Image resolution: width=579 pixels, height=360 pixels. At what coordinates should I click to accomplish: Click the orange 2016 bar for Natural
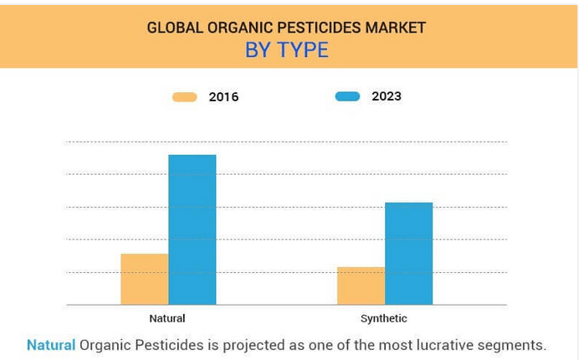click(x=145, y=279)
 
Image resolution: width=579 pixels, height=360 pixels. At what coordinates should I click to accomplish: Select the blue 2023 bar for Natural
click(x=192, y=229)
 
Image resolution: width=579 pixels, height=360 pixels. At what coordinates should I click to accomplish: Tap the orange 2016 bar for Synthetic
click(x=361, y=285)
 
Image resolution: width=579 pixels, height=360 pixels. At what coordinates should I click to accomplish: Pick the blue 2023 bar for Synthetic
click(x=409, y=254)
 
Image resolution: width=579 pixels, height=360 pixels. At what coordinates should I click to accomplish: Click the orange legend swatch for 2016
click(x=185, y=97)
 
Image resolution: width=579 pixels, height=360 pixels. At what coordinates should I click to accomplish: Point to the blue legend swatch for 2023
click(x=347, y=96)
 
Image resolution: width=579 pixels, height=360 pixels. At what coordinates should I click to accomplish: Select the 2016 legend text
click(x=223, y=97)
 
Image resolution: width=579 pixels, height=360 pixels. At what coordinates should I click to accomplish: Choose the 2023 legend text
click(x=387, y=96)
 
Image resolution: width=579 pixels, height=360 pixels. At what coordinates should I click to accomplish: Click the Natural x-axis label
click(x=167, y=318)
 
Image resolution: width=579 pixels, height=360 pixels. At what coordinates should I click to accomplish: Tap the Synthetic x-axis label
click(x=384, y=318)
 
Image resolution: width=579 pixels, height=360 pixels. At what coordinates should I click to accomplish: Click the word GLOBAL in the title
click(x=175, y=28)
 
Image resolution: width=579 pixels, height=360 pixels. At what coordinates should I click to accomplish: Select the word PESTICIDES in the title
click(x=319, y=28)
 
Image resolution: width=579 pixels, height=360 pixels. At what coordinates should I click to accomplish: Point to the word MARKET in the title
click(x=396, y=28)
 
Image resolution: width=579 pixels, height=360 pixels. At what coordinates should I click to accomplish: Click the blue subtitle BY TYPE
click(x=287, y=50)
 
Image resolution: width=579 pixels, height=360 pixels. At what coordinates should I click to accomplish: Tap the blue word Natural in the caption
click(x=51, y=345)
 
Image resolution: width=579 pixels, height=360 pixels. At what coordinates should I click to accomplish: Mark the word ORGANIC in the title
click(x=240, y=28)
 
